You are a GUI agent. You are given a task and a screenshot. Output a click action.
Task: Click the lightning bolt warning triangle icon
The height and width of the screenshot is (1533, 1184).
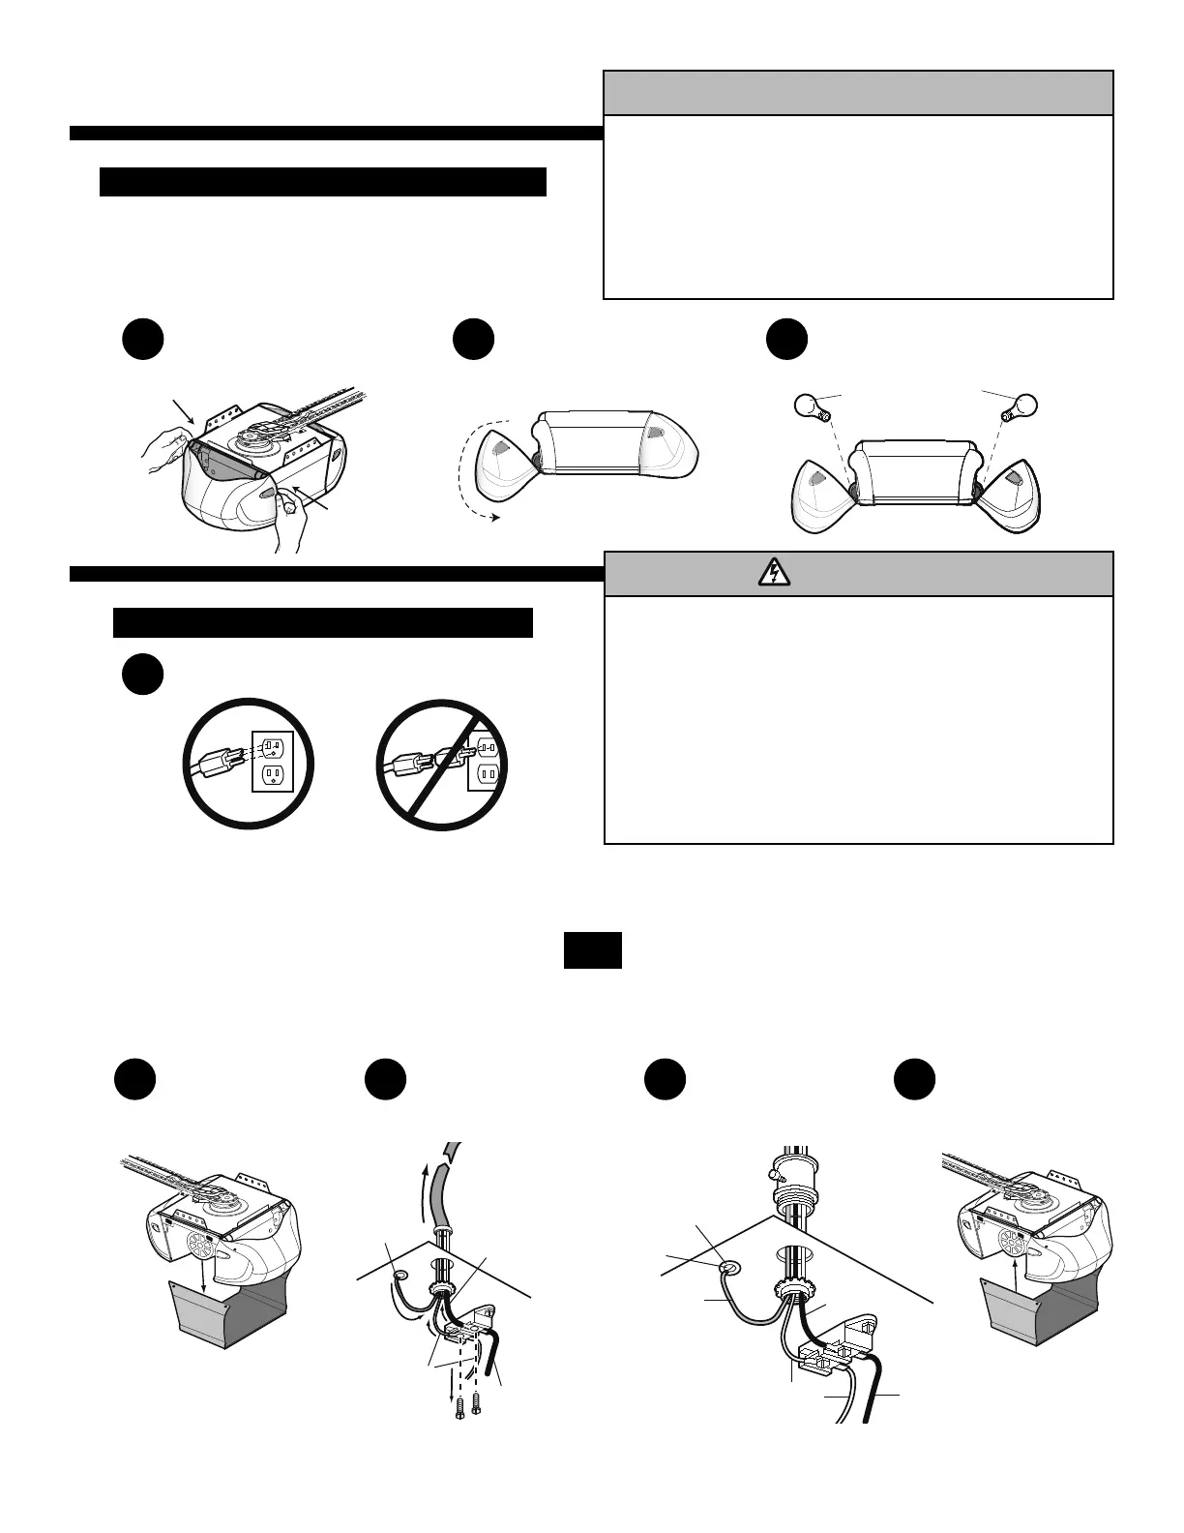(x=774, y=574)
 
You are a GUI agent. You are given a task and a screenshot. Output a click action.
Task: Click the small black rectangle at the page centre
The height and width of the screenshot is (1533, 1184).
(x=592, y=950)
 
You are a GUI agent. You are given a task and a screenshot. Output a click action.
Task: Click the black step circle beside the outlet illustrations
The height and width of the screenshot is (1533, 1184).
(x=142, y=675)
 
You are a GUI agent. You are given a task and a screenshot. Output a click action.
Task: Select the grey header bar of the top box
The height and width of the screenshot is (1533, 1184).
(x=858, y=93)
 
